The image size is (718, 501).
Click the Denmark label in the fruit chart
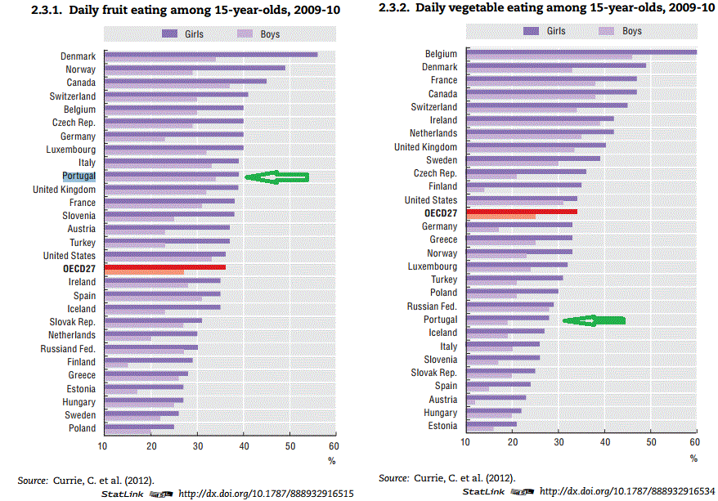tap(79, 56)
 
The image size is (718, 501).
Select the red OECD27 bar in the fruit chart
tap(164, 267)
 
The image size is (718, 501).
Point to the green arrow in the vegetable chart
tap(594, 320)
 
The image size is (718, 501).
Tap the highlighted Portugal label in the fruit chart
tap(79, 176)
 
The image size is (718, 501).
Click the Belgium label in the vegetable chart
tap(441, 54)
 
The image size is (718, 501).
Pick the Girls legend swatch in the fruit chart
tap(170, 34)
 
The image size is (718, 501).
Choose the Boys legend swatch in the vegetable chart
tap(608, 31)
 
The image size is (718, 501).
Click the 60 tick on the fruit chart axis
tap(333, 446)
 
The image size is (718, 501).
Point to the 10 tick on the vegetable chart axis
tap(465, 442)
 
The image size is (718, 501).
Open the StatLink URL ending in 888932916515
tap(266, 494)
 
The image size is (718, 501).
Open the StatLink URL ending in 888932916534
tap(627, 491)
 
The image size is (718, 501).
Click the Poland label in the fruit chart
tap(82, 428)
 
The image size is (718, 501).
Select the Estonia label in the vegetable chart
tap(442, 426)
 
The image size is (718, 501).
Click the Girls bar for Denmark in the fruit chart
tap(211, 55)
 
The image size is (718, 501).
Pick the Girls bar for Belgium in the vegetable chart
tap(581, 51)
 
